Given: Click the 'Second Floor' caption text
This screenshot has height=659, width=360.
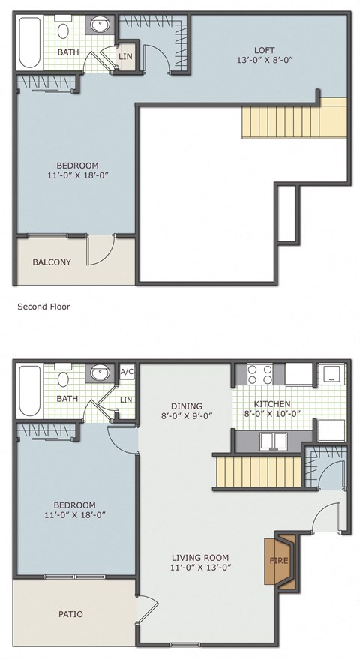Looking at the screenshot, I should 43,306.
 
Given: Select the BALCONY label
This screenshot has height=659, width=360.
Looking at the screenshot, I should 52,262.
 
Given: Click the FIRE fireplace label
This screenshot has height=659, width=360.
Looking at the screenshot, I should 278,561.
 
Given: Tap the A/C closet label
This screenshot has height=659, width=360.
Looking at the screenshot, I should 126,372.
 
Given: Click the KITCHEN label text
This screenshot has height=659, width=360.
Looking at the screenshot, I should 273,402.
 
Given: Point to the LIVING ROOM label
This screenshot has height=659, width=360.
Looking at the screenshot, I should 199,557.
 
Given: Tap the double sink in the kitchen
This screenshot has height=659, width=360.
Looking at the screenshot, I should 273,440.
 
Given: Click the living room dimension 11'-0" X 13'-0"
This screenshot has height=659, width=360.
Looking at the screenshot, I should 199,568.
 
